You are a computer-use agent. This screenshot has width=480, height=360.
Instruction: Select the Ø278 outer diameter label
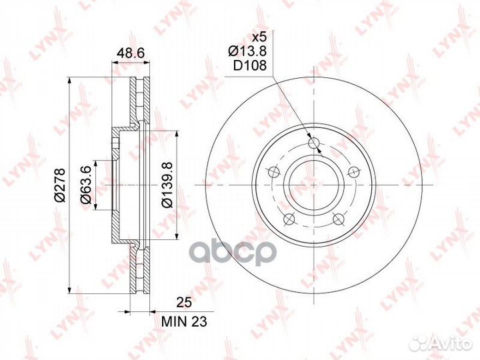60,185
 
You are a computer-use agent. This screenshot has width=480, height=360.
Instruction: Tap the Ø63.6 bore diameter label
86,185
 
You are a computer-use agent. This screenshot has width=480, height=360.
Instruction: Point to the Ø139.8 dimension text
167,185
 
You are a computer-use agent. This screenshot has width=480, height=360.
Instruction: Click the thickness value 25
184,303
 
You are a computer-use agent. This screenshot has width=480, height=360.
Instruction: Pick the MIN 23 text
184,321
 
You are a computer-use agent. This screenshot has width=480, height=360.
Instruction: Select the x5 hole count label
259,37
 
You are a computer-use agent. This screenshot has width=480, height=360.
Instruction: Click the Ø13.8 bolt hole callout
247,51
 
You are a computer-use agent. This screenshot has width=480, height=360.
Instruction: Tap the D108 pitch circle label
250,65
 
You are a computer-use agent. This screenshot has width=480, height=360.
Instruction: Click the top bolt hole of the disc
314,143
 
